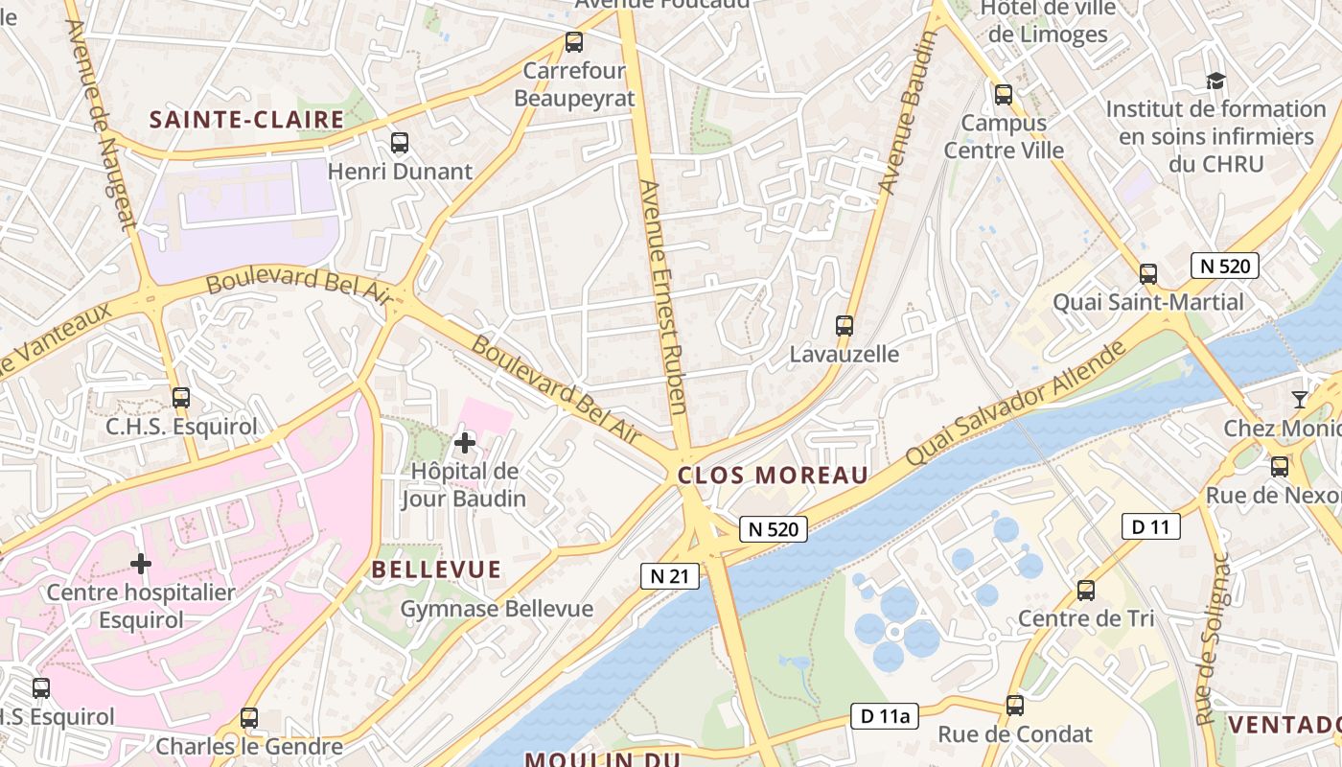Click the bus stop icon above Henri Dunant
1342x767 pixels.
[x=400, y=143]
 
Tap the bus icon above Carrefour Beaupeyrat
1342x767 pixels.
[x=574, y=42]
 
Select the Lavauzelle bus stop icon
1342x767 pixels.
[x=845, y=325]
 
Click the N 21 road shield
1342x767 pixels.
[x=670, y=575]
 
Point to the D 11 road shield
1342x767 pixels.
[x=1149, y=525]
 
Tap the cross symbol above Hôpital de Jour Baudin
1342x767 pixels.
[x=465, y=443]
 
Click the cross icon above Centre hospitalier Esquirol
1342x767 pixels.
[x=141, y=564]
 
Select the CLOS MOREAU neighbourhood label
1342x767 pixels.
[x=773, y=476]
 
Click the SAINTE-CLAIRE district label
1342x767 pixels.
[x=246, y=120]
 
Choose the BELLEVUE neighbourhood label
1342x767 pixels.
[x=436, y=569]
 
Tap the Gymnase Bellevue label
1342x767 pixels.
[x=497, y=609]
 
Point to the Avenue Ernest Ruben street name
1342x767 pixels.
[x=663, y=297]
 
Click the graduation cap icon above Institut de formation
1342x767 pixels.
[x=1215, y=81]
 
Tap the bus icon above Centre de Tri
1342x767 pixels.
[x=1086, y=591]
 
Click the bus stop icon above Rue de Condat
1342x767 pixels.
[x=1015, y=707]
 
